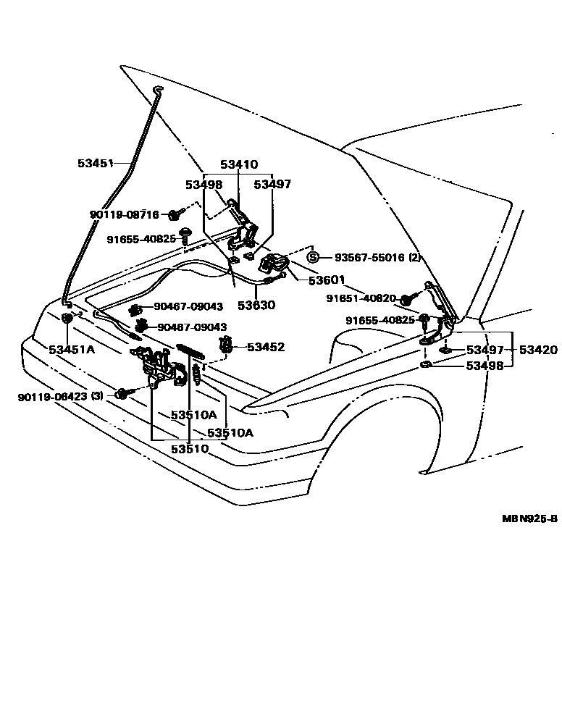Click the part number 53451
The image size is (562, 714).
[x=96, y=164]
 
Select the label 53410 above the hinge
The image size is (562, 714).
[x=239, y=165]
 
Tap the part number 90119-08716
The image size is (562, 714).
[x=124, y=214]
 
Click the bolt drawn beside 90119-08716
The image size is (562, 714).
[x=175, y=214]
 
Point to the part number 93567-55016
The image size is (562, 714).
[x=364, y=258]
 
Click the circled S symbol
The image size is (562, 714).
[x=313, y=258]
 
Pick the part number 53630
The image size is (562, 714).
[x=257, y=306]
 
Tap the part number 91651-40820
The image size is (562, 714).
[x=361, y=298]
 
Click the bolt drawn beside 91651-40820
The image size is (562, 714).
[x=409, y=298]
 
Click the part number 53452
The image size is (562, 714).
[x=266, y=348]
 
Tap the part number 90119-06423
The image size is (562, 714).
[x=52, y=397]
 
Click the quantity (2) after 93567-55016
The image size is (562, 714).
[x=414, y=258]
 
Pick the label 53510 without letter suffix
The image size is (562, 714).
[x=190, y=448]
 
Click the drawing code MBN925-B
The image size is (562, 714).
[x=530, y=518]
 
